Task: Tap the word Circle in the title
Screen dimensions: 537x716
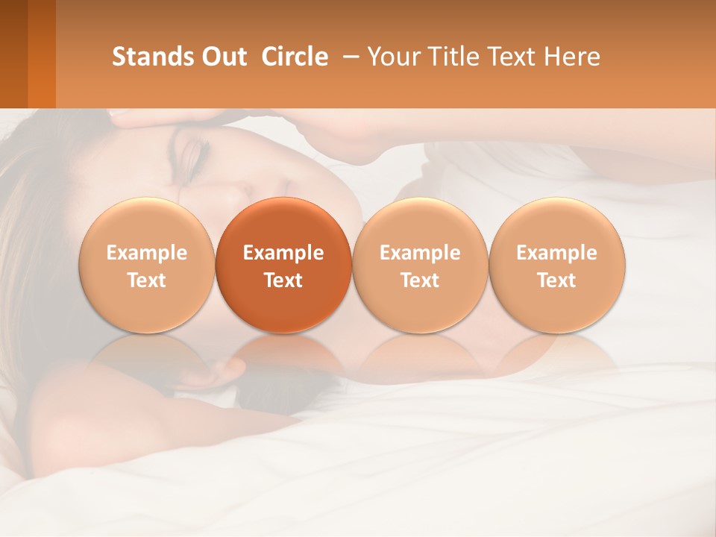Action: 295,57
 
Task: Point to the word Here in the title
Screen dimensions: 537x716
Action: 572,57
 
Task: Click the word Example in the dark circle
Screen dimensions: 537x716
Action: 283,253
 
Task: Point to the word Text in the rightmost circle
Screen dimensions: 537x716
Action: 556,280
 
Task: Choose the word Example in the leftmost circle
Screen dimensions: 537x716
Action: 146,253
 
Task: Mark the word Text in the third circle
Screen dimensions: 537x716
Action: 420,280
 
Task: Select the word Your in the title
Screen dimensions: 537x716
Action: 390,57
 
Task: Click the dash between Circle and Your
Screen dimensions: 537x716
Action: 348,57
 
